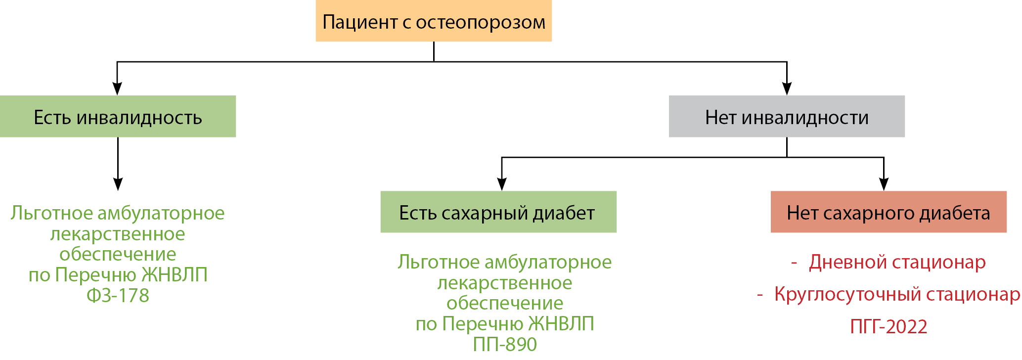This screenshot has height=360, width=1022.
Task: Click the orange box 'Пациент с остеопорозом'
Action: point(433,21)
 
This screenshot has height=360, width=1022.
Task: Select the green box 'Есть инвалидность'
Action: point(118,117)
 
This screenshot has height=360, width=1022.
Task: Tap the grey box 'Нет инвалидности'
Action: point(786,117)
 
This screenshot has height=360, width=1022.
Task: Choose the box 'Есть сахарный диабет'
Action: point(498,212)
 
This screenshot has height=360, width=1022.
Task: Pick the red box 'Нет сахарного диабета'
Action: point(888,212)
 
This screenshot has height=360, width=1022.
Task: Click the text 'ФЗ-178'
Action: point(118,296)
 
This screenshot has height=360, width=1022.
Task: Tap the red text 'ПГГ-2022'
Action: point(889,327)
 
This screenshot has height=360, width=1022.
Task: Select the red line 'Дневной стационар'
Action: point(897,262)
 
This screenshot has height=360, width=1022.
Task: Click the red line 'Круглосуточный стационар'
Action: point(896,294)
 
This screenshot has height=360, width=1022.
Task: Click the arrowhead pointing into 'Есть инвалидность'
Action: point(117,89)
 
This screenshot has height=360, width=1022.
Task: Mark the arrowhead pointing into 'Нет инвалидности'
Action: point(787,89)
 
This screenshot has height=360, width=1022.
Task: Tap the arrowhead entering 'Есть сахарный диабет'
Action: point(502,184)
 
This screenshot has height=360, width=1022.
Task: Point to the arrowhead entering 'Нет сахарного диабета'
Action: point(884,184)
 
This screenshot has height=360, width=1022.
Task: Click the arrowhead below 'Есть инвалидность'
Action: point(118,184)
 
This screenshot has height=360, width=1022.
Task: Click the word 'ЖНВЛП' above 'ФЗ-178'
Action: point(175,275)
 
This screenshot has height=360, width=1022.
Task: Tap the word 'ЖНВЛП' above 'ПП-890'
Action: point(561,324)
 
